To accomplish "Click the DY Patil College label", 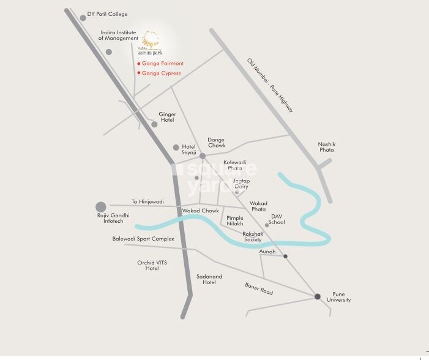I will pyautogui.click(x=107, y=13).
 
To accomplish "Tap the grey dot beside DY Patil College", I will pyautogui.click(x=83, y=18).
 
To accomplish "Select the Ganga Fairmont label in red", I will pyautogui.click(x=162, y=64).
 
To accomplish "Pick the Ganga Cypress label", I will pyautogui.click(x=161, y=73).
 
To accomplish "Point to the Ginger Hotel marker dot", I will pyautogui.click(x=154, y=124).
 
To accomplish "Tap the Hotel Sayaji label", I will pyautogui.click(x=188, y=150).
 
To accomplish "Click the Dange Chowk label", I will pyautogui.click(x=216, y=143).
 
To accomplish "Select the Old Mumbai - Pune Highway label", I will pyautogui.click(x=270, y=84).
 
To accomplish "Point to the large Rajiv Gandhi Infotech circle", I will pyautogui.click(x=101, y=207).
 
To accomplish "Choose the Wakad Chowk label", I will pyautogui.click(x=200, y=211).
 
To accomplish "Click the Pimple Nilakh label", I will pyautogui.click(x=235, y=221).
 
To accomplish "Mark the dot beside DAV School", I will pyautogui.click(x=267, y=225).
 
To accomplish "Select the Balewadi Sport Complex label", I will pyautogui.click(x=143, y=239).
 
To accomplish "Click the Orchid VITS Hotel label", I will pyautogui.click(x=152, y=265).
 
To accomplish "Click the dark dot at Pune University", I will pyautogui.click(x=317, y=296).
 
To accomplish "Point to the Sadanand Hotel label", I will pyautogui.click(x=209, y=279).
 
